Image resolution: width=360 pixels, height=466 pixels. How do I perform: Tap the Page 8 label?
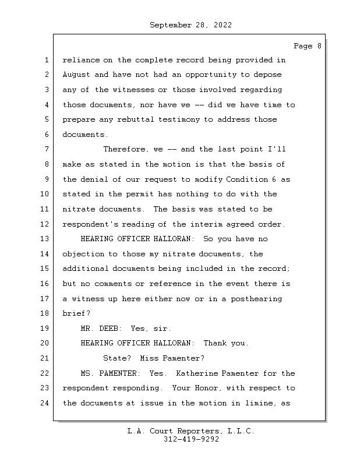coord(307,46)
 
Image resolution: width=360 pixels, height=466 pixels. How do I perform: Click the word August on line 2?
coord(76,75)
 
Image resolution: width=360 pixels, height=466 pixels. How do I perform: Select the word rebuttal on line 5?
coord(135,119)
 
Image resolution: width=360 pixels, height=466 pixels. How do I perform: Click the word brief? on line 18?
coord(76,313)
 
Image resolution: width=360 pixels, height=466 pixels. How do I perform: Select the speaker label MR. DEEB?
coord(101,329)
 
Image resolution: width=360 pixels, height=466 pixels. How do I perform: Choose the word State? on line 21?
coord(117,358)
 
